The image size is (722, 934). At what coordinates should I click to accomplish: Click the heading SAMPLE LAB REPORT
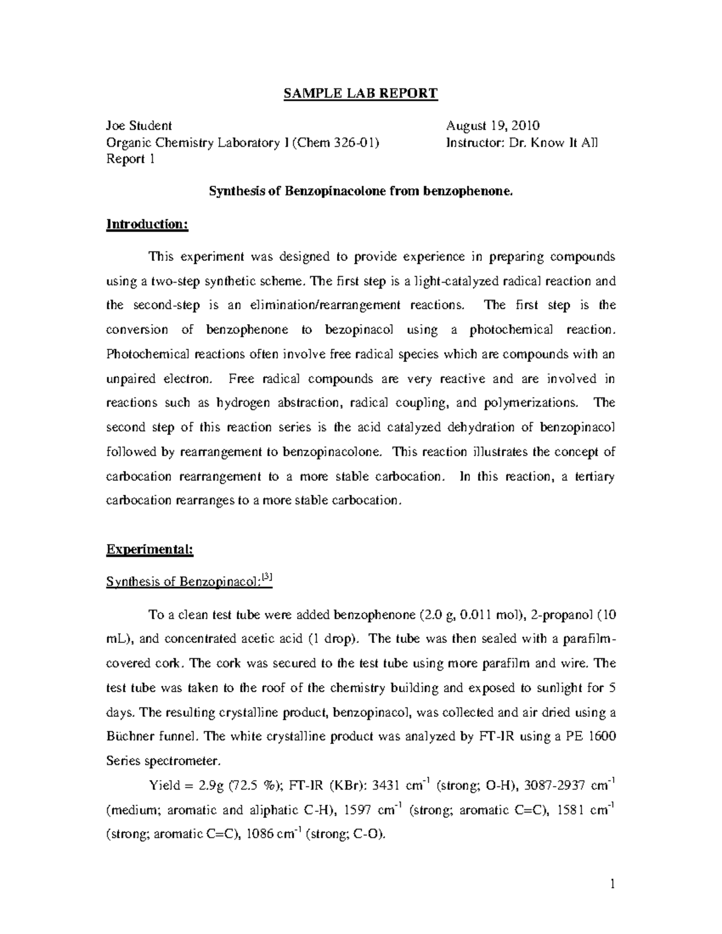tap(360, 94)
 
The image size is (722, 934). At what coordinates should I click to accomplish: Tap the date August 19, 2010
tap(492, 126)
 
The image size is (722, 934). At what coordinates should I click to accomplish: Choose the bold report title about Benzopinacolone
tap(361, 191)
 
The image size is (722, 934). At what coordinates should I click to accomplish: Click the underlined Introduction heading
tap(147, 224)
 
